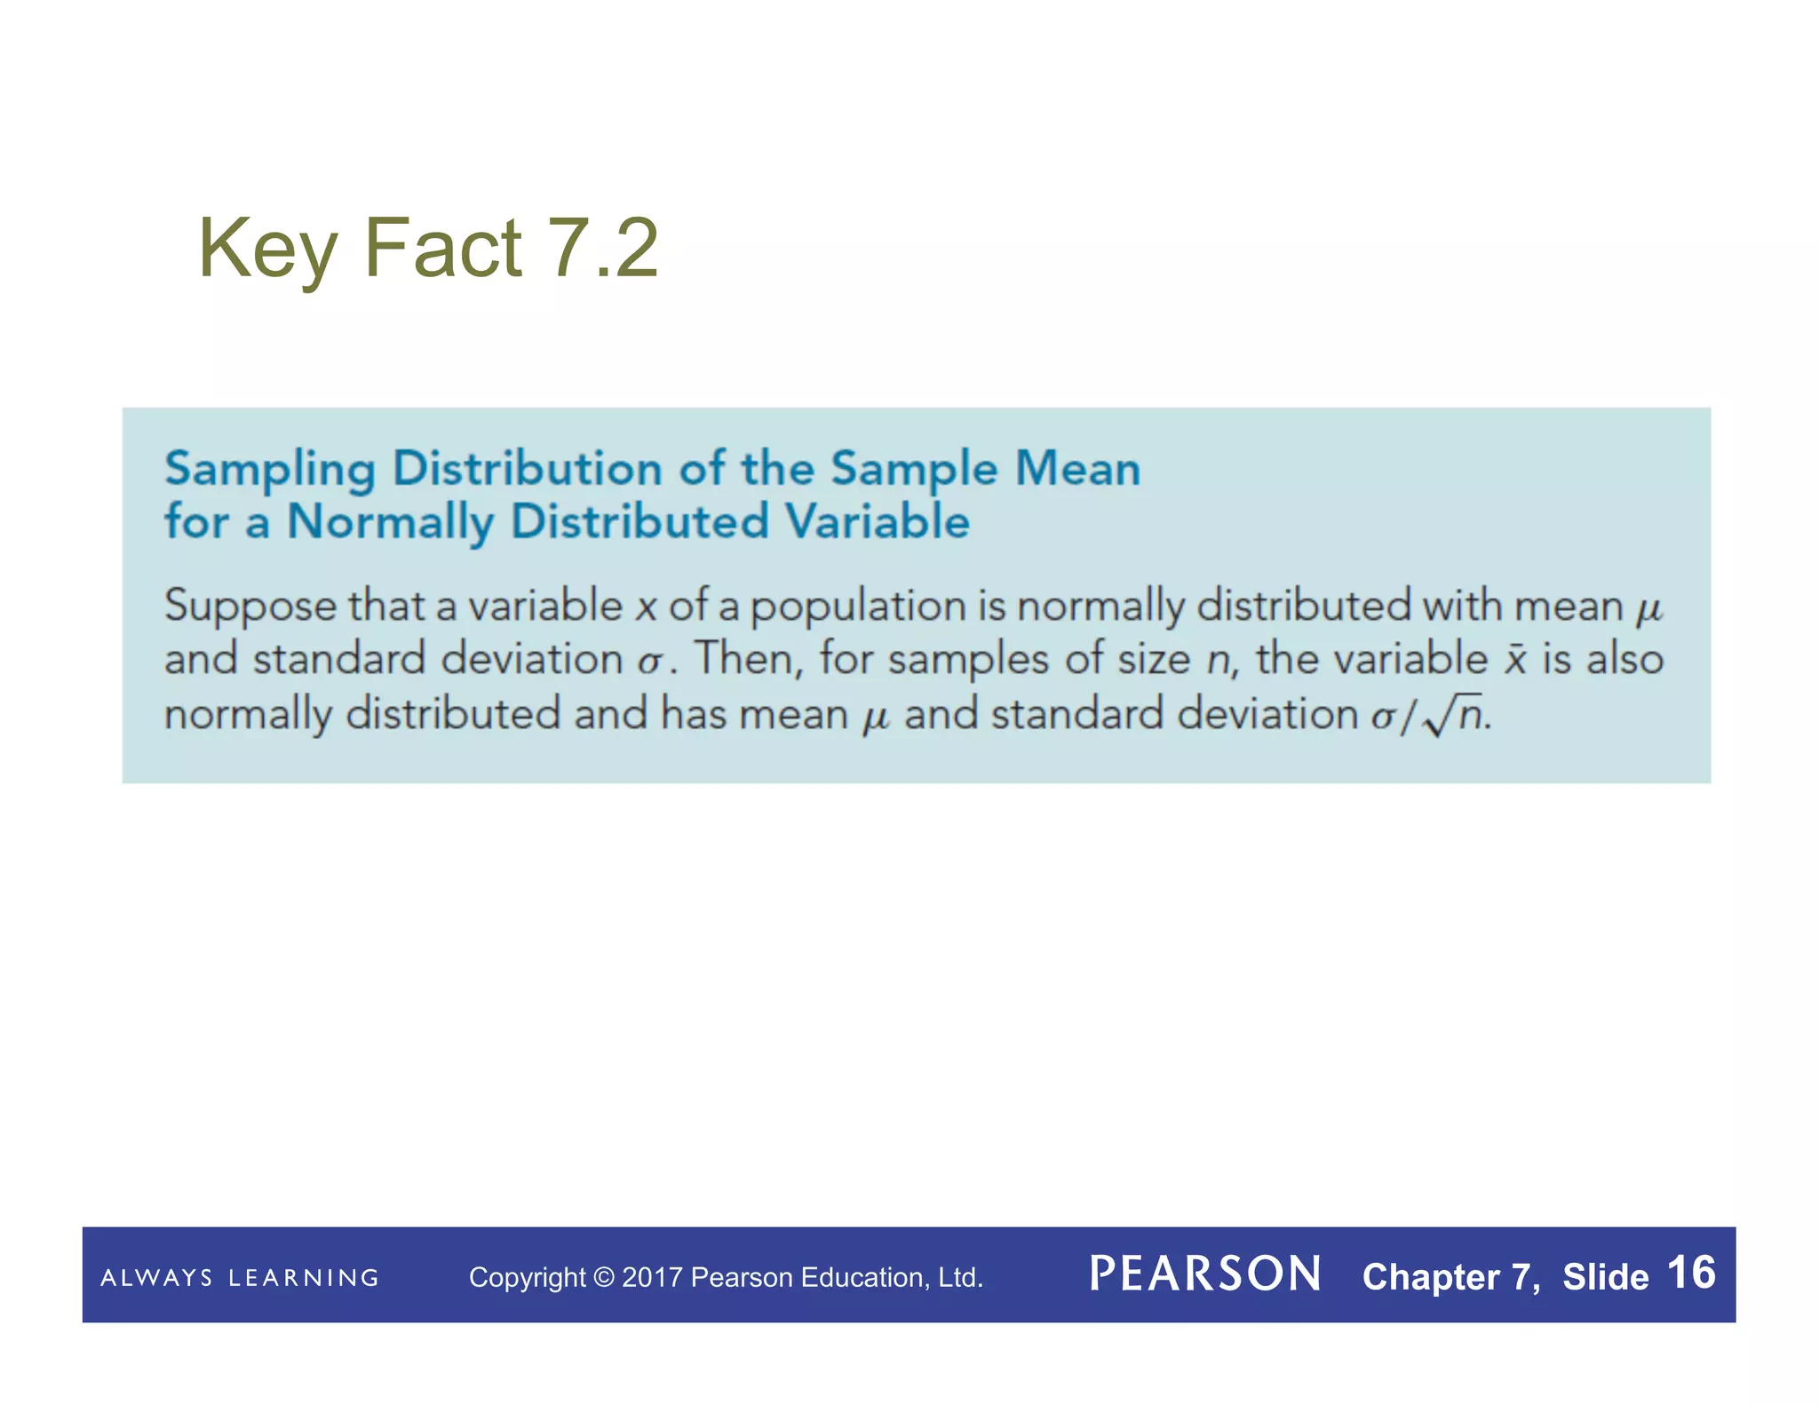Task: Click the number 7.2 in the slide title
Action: coord(602,249)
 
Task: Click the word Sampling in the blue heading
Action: coord(270,470)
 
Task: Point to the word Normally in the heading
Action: coord(391,522)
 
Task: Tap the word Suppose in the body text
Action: coord(250,607)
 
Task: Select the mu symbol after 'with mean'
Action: coord(1648,609)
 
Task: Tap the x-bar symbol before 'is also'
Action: coord(1515,659)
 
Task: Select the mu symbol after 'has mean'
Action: coord(876,718)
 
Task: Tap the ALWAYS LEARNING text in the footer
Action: coord(240,1277)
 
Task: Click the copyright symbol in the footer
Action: coord(604,1277)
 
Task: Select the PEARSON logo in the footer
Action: coord(1204,1274)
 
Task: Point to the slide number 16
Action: coord(1691,1273)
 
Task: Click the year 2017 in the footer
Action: coord(652,1277)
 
